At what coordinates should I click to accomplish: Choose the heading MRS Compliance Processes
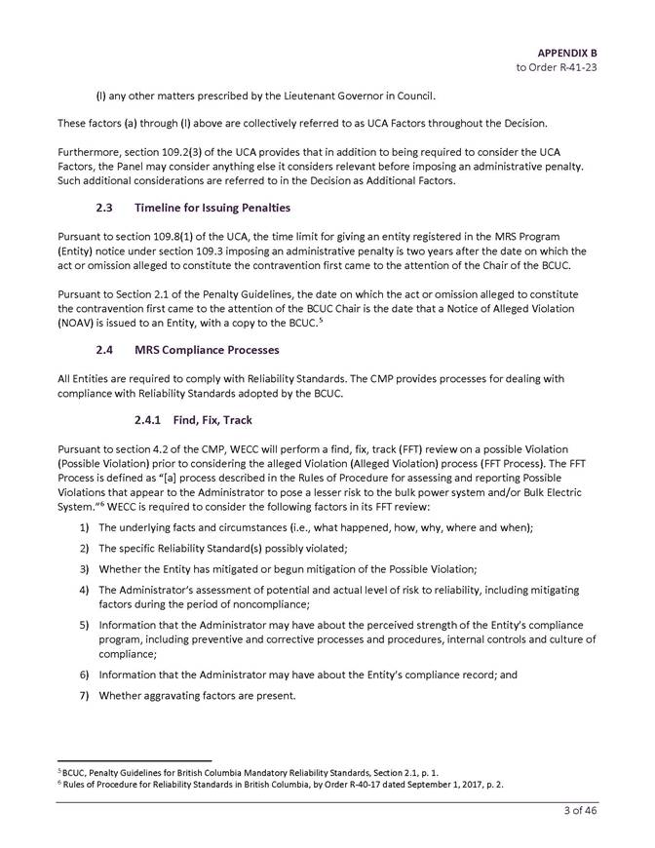tap(209, 349)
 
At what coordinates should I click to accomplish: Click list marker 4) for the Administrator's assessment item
tap(85, 590)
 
